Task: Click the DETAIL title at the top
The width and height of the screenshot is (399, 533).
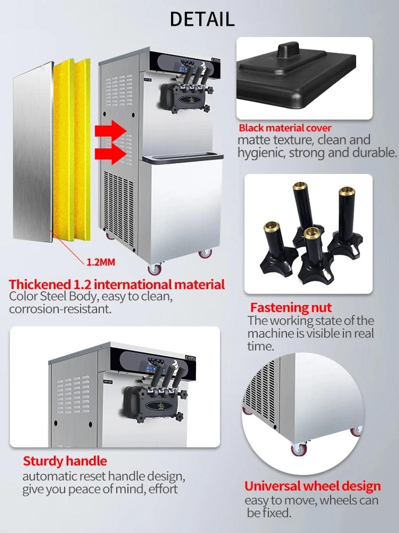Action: (x=202, y=19)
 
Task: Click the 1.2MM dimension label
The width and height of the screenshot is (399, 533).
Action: (x=101, y=262)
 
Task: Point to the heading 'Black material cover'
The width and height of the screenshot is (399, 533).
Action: (x=285, y=128)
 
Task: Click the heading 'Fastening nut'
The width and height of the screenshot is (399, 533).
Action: (x=291, y=307)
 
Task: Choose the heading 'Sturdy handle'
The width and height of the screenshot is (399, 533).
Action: (x=65, y=461)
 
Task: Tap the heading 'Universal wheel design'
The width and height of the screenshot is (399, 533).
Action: (x=313, y=486)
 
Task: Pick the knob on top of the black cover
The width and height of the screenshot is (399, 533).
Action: (x=288, y=50)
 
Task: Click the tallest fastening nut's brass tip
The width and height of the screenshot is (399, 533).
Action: (x=300, y=186)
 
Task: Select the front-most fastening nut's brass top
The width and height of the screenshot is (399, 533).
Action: (x=312, y=233)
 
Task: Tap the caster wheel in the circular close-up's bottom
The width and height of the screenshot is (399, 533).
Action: (x=299, y=450)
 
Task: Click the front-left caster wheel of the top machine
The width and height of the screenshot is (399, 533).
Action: (x=155, y=269)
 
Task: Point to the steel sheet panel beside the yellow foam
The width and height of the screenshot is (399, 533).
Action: (x=33, y=152)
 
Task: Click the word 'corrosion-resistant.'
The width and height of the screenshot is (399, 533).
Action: (x=60, y=309)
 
